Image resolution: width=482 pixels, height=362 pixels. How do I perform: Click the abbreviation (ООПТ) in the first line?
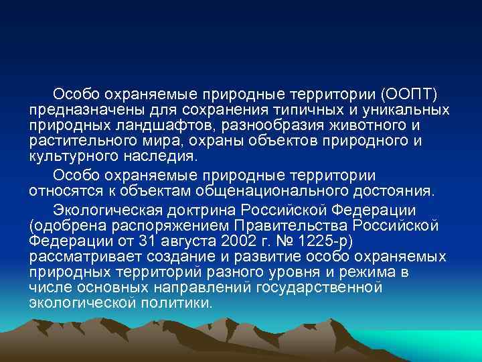410,93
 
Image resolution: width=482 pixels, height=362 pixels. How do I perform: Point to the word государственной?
321,288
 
